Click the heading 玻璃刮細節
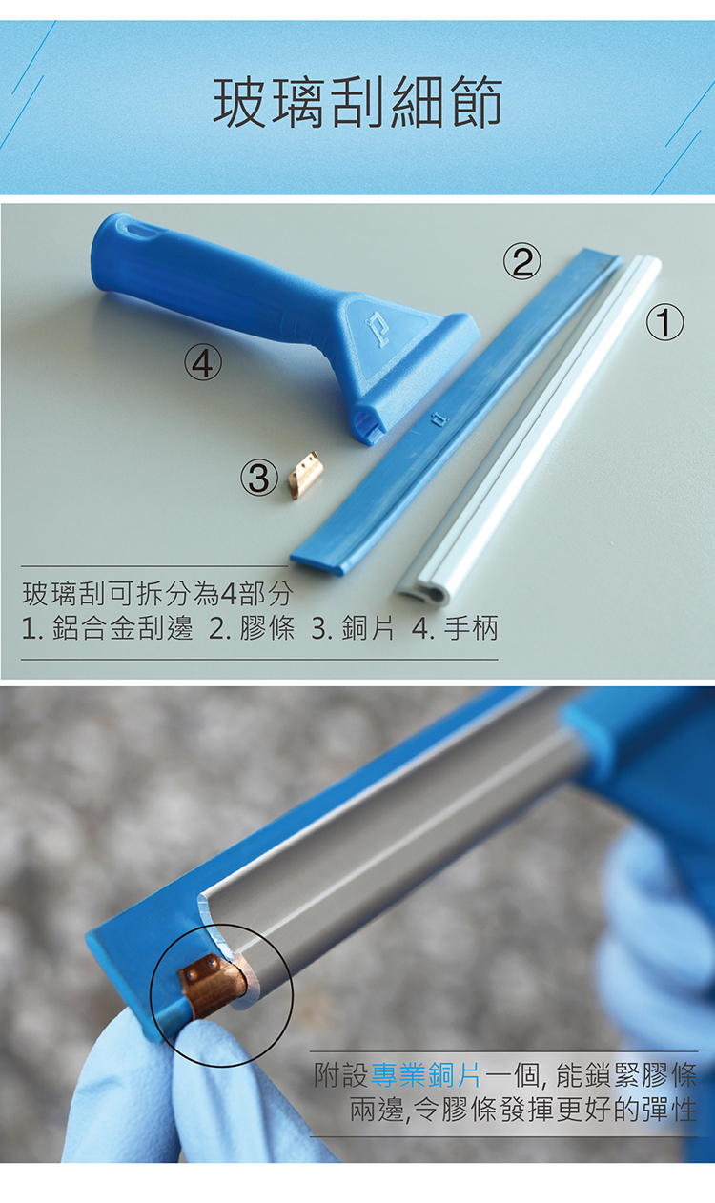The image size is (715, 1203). [x=357, y=103]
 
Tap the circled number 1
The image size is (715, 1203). [x=664, y=323]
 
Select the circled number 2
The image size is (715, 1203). [x=521, y=261]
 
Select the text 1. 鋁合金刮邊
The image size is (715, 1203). [x=108, y=628]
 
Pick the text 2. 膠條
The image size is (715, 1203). [x=252, y=628]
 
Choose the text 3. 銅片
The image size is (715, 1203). [x=353, y=628]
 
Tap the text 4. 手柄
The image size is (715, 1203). [x=455, y=628]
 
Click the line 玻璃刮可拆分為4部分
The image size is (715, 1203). [x=157, y=594]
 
